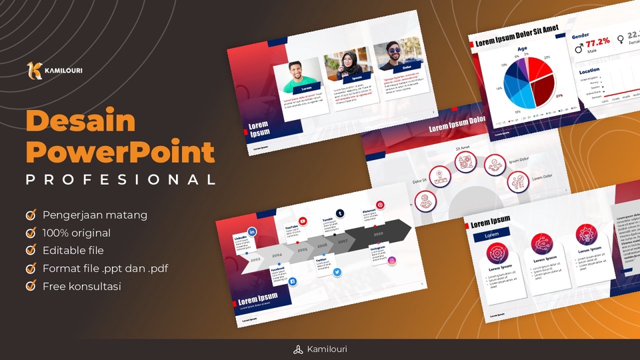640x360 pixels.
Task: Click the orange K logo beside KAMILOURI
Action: point(34,70)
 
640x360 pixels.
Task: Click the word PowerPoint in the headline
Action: point(120,153)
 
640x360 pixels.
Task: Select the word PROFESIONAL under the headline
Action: point(120,179)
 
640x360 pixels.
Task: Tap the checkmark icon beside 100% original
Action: point(31,233)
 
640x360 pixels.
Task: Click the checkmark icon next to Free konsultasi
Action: point(31,286)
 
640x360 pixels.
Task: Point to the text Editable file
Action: point(73,251)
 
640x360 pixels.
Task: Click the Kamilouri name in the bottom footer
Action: point(327,349)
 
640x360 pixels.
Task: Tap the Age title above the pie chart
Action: point(522,49)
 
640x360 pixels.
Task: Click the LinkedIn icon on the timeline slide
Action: point(252,230)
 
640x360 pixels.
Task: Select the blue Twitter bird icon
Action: point(337,272)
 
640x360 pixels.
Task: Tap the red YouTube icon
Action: point(303,221)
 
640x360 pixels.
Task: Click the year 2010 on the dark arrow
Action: point(378,234)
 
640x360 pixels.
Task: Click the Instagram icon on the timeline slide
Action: point(392,261)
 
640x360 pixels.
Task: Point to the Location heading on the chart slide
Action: point(589,71)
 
